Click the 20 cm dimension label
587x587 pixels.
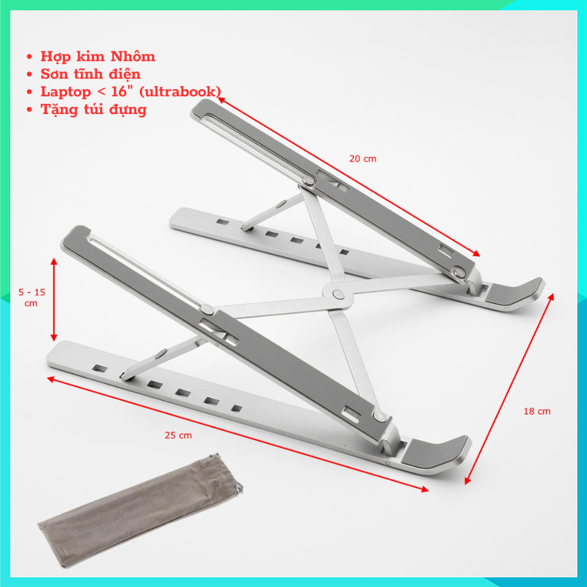coord(362,159)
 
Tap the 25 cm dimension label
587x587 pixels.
coord(178,436)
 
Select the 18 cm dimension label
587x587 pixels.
coord(537,412)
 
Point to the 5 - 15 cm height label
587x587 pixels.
coord(32,298)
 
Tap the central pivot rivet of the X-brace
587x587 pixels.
coord(338,294)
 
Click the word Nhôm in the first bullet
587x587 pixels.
coord(132,56)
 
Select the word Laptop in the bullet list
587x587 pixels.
coord(65,92)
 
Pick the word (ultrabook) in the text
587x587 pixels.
coord(179,92)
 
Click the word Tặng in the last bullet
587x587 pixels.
coord(59,110)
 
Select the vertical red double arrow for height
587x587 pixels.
coord(54,299)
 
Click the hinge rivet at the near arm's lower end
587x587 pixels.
coord(379,416)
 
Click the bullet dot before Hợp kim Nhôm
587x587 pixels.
coord(30,57)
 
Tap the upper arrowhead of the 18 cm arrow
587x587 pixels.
coord(551,298)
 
